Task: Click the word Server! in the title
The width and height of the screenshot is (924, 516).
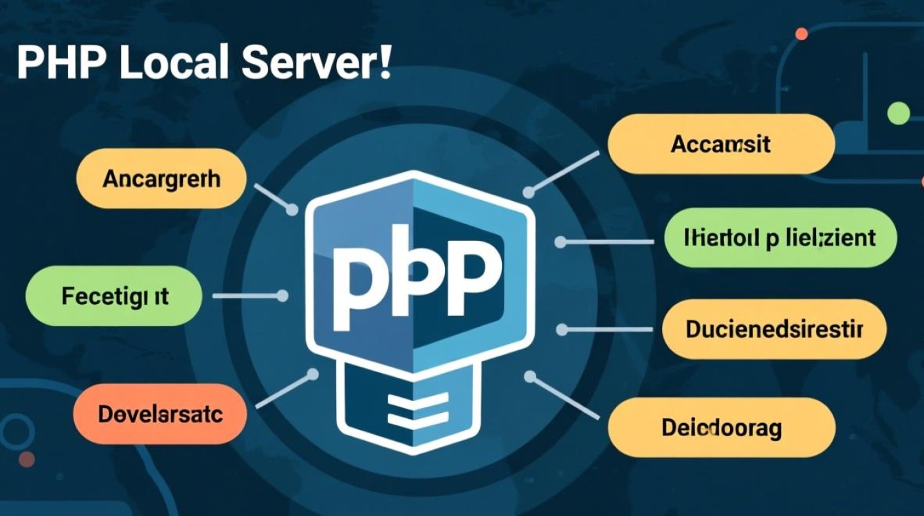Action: pos(316,63)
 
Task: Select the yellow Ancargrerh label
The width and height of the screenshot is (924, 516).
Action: pos(161,179)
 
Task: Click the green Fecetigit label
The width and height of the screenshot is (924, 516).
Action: pos(114,297)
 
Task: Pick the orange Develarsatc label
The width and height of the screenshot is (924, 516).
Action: pos(159,414)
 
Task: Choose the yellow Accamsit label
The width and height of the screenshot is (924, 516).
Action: pos(720,144)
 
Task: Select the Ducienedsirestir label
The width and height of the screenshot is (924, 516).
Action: pos(773,329)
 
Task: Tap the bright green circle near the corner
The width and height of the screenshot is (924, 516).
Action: pos(898,113)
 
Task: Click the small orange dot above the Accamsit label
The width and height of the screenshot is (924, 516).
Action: pos(801,34)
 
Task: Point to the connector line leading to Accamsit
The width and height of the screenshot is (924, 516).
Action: pos(564,172)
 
